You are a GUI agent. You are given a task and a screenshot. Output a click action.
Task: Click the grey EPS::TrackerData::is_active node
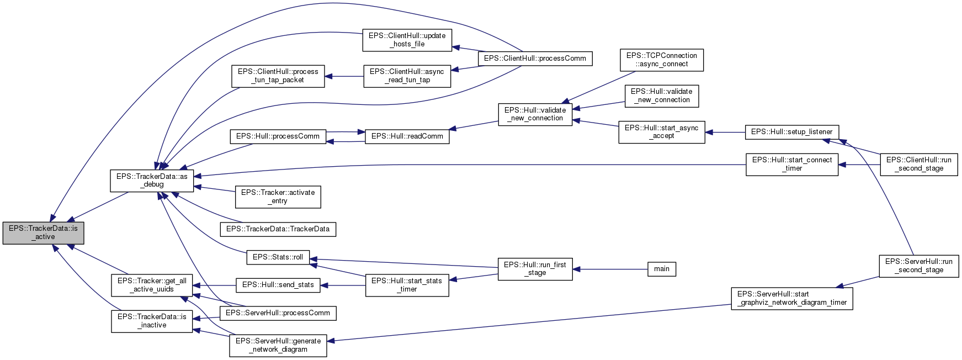coord(43,232)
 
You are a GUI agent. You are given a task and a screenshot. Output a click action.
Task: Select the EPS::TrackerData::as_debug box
coord(152,181)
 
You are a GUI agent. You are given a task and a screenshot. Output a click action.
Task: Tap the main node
coord(661,269)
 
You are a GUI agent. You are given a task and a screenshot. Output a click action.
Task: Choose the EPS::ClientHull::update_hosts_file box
coord(407,40)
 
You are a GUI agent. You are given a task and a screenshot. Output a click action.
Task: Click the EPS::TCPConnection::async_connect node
coord(661,60)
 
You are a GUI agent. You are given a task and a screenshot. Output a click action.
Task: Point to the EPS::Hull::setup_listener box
coord(792,132)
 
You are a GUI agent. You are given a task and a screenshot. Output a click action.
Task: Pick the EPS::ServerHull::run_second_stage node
coord(918,266)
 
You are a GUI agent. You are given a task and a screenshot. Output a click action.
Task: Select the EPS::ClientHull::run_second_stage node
coord(918,164)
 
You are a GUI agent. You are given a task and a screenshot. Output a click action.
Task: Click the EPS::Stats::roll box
coord(278,257)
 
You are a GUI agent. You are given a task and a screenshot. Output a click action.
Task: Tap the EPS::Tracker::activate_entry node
coord(278,197)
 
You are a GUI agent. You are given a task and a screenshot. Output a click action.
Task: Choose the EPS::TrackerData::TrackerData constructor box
coord(278,229)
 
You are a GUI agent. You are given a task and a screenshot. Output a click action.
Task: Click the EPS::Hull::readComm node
coord(407,136)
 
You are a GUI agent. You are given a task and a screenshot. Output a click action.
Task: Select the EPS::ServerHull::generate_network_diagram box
coord(278,345)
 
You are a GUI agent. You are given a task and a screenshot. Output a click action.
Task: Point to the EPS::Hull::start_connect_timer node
coord(791,164)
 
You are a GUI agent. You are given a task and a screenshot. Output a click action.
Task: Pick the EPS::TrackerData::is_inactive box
coord(152,321)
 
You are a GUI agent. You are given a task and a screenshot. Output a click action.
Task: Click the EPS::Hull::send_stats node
coord(278,285)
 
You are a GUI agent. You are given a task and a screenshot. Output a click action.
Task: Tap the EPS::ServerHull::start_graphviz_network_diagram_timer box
coord(791,298)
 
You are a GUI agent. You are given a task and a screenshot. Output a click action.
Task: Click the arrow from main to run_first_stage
coord(609,269)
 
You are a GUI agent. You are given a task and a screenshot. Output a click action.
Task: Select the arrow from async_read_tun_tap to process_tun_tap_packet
coord(344,76)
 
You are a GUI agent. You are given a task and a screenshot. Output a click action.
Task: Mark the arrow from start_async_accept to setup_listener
coord(725,133)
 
